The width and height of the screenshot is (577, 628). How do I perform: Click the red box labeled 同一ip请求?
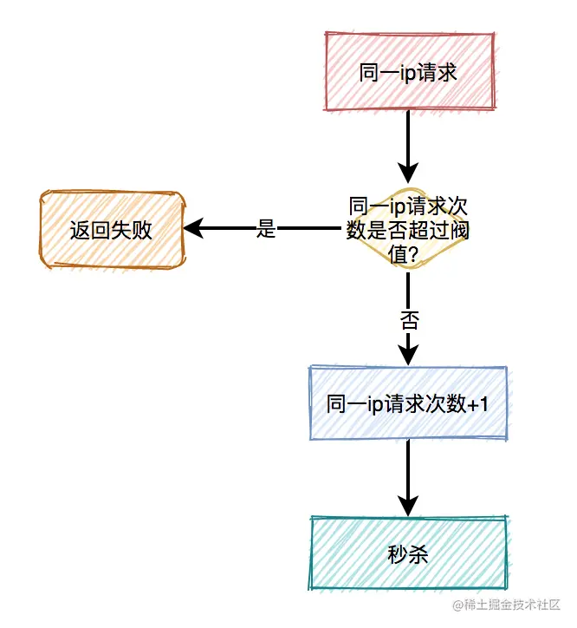click(408, 73)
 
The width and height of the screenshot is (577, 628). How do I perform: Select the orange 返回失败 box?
click(112, 230)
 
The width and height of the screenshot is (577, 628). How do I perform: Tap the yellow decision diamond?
click(408, 230)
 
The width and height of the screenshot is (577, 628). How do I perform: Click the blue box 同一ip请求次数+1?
click(408, 403)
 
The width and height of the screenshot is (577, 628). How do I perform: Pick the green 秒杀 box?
click(408, 554)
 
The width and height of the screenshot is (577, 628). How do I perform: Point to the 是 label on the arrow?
click(266, 230)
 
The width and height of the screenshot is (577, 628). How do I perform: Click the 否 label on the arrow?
click(408, 320)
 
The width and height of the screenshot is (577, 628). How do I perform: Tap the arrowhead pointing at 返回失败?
click(193, 229)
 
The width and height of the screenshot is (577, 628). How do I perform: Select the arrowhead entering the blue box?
click(408, 353)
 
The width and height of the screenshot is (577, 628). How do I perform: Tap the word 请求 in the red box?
click(436, 73)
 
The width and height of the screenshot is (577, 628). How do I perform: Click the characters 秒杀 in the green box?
click(408, 554)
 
